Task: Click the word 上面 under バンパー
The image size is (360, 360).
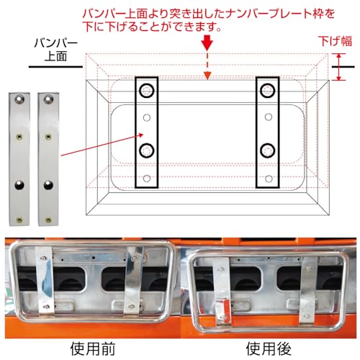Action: [52, 55]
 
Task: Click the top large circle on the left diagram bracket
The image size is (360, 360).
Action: [148, 91]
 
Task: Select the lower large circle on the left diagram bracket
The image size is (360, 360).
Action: [148, 150]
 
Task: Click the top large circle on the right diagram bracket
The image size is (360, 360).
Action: [268, 91]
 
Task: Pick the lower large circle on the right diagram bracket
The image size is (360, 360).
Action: [268, 150]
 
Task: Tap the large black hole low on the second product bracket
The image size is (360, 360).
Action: [48, 186]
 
